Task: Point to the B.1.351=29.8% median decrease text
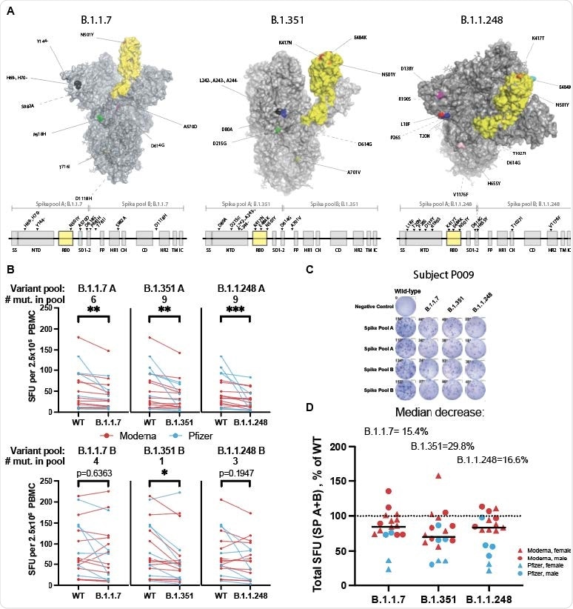pos(443,446)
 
